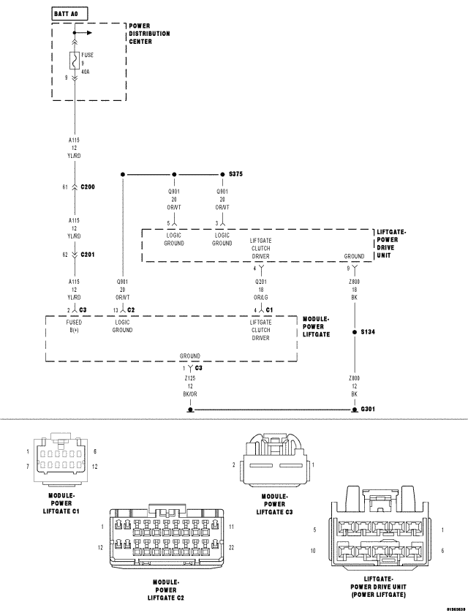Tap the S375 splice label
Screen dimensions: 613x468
235,174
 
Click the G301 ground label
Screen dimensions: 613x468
367,410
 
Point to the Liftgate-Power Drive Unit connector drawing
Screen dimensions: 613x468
379,530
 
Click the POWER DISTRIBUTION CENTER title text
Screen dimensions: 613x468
149,34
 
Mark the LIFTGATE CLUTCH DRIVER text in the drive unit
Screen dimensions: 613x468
260,248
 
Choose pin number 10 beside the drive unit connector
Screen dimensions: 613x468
313,550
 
